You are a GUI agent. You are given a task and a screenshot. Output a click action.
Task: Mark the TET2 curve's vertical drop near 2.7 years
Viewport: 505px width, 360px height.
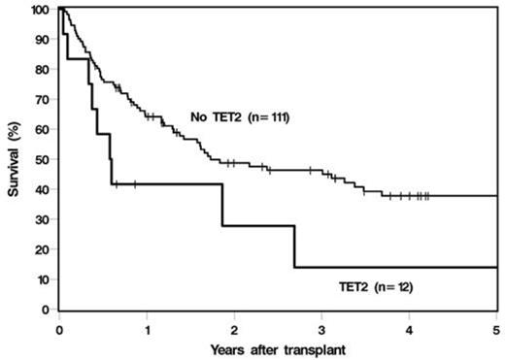[x=294, y=246]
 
